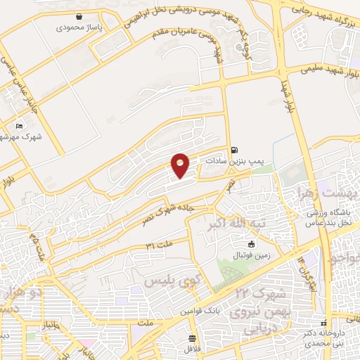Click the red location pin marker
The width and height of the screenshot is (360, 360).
tap(181, 165)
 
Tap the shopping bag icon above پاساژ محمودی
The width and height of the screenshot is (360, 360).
tap(80, 15)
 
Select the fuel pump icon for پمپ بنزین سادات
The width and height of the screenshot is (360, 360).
tap(234, 149)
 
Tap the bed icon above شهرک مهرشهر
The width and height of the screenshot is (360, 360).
tap(19, 126)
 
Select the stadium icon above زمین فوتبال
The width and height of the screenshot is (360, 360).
tap(242, 244)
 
